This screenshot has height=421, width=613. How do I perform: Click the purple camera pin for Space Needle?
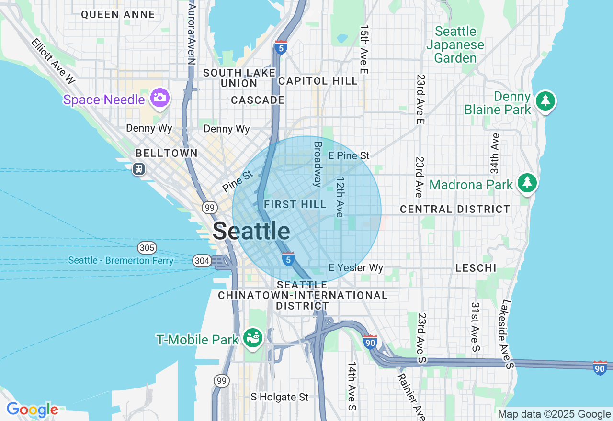(x=159, y=98)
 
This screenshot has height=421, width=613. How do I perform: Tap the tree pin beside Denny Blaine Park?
(x=545, y=101)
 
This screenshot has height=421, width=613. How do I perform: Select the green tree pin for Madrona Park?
(x=527, y=183)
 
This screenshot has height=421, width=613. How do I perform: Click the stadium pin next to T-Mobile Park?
(x=252, y=338)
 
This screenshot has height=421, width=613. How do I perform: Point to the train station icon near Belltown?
(x=139, y=169)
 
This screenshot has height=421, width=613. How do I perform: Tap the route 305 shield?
(x=147, y=247)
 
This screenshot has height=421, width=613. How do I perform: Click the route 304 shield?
(x=202, y=261)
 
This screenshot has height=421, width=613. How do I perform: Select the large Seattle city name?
(x=251, y=231)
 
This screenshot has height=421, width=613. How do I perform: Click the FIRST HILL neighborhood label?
(x=295, y=205)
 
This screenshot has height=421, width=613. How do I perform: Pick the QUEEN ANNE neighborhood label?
(x=118, y=15)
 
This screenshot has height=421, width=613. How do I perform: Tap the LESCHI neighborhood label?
(x=476, y=268)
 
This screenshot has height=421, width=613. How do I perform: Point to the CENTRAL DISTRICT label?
(x=455, y=210)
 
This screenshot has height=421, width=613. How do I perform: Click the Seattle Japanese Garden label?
(x=455, y=45)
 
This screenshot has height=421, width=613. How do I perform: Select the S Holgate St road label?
(x=280, y=397)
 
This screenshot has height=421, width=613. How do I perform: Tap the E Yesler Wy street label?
(x=356, y=268)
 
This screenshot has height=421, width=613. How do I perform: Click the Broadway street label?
(x=318, y=164)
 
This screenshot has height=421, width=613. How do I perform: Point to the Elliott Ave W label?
(x=53, y=61)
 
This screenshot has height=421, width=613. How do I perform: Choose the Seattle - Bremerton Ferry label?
(x=121, y=261)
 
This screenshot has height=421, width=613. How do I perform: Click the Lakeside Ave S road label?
(x=507, y=334)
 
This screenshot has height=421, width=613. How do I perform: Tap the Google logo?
(x=32, y=410)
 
